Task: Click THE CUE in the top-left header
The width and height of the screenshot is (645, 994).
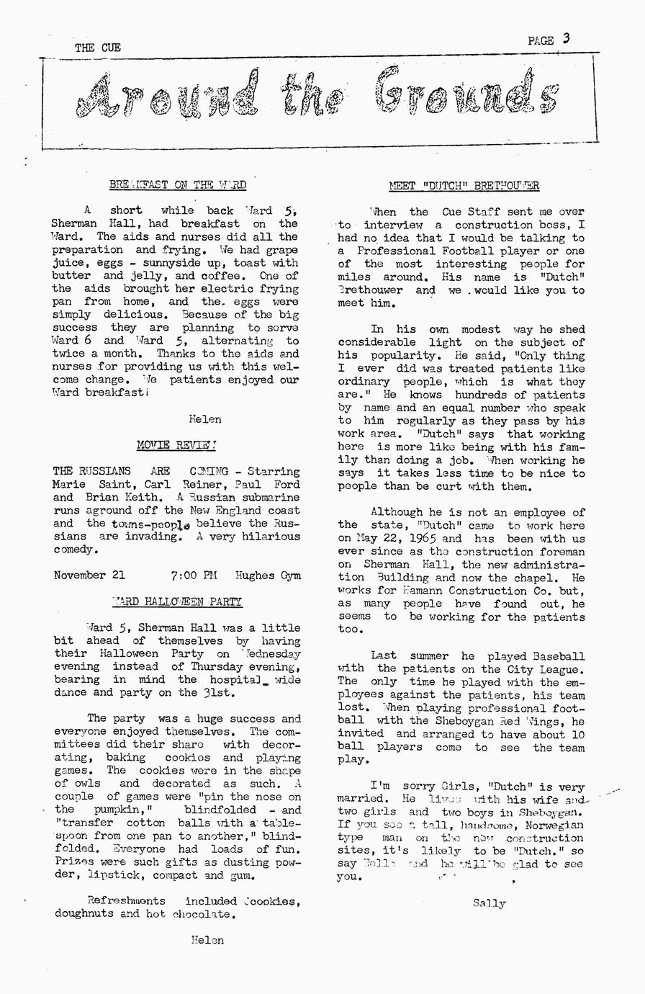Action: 98,48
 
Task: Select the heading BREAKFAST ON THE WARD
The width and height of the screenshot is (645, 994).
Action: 177,185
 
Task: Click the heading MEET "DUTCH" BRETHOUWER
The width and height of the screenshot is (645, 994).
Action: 464,186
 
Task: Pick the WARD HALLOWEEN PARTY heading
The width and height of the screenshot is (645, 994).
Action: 177,601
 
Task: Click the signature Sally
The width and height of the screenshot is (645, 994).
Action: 490,903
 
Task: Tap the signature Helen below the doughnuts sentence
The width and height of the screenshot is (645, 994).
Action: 207,940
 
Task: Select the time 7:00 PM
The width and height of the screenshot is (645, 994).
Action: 194,576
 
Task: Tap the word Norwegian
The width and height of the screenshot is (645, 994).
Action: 555,825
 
